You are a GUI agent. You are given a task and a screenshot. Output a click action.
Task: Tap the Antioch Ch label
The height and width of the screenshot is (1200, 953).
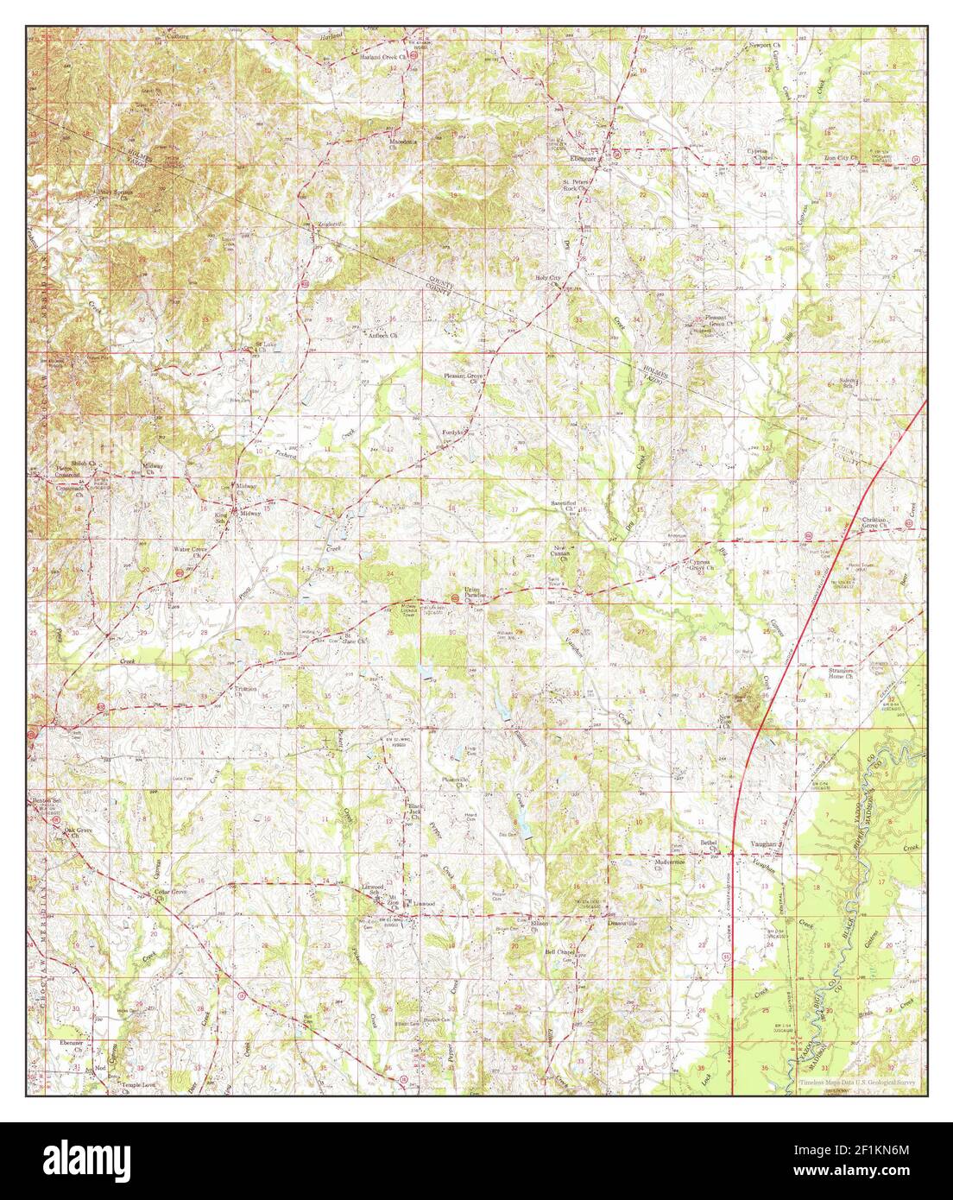click(380, 334)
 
